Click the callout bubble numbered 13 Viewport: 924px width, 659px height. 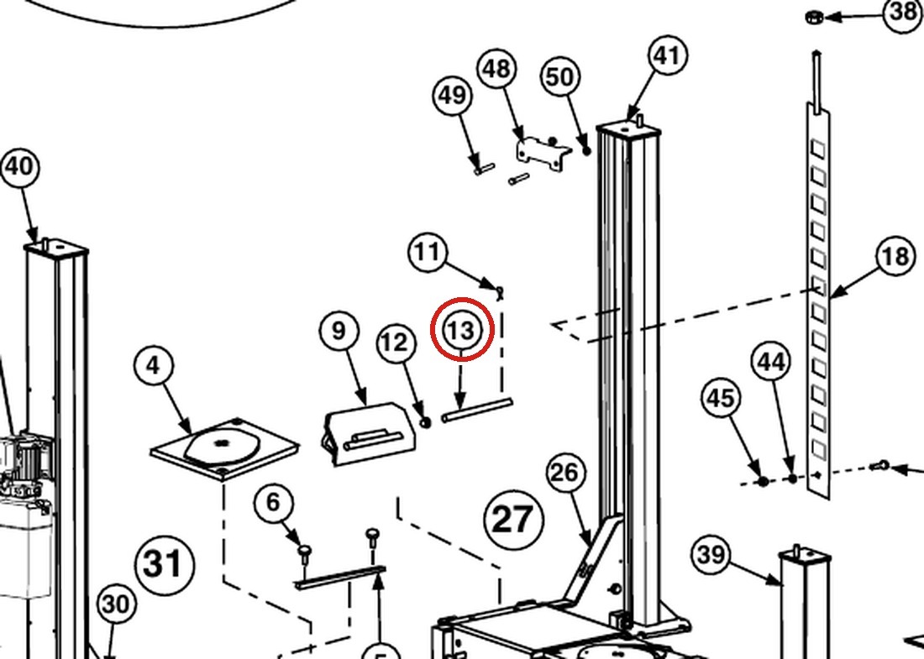(461, 330)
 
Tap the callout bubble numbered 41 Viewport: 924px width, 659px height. (667, 56)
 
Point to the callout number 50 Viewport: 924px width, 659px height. (559, 76)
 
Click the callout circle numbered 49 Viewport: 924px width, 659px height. (452, 95)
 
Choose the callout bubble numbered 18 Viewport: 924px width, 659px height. (895, 257)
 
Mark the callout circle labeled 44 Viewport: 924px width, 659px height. (771, 362)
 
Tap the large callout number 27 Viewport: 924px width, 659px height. (512, 520)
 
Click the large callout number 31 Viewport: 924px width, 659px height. (164, 563)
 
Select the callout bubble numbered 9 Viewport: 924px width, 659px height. (339, 331)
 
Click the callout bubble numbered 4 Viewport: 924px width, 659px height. (153, 366)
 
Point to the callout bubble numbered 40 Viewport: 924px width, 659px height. (18, 167)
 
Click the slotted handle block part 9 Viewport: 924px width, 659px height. (370, 433)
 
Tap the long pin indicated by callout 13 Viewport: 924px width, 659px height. (477, 410)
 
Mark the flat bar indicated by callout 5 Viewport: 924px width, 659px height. (340, 578)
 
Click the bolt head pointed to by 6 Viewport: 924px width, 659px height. (304, 551)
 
